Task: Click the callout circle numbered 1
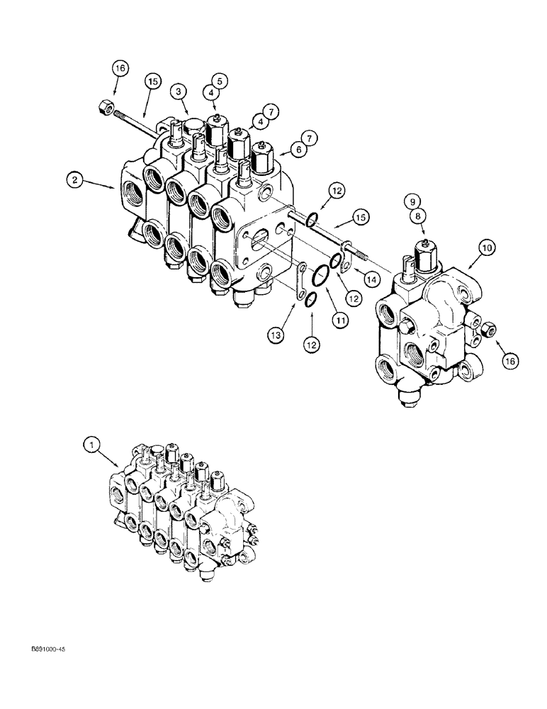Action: point(90,446)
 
